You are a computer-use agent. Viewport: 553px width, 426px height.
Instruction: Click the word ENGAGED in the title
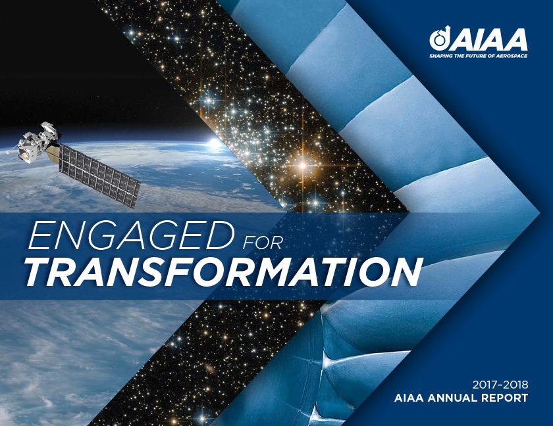131,235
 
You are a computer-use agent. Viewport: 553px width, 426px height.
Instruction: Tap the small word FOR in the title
262,243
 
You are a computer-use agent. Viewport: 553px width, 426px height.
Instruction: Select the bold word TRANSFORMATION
224,272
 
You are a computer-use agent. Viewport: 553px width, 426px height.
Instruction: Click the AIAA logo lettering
488,40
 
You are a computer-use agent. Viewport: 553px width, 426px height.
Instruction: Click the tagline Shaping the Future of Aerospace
478,56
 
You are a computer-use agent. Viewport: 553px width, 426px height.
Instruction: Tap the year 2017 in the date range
485,384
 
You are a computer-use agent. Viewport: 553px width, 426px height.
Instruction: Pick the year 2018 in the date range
515,384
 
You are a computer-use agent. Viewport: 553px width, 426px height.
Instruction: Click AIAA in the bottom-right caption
409,398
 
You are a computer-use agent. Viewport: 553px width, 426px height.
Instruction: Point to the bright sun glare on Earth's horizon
213,143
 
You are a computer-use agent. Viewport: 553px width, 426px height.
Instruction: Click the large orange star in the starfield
302,165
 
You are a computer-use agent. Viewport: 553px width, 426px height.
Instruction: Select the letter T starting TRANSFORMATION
39,271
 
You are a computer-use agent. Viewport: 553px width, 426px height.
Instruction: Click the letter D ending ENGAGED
219,235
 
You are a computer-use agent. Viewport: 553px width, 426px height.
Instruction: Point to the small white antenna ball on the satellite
8,152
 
